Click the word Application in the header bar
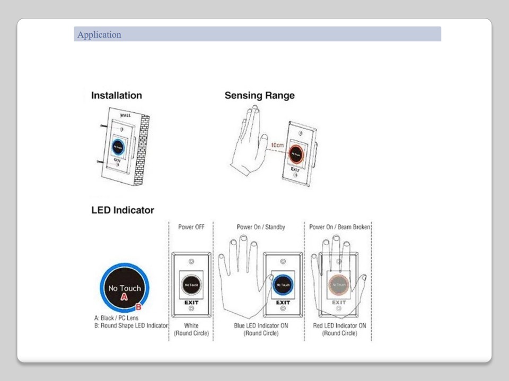(99, 35)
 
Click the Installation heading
(117, 96)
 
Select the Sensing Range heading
(259, 96)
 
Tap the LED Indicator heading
(122, 210)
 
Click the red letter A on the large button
(125, 297)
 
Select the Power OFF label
(191, 227)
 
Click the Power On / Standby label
(261, 227)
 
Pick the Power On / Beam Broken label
(339, 227)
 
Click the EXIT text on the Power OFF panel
(191, 303)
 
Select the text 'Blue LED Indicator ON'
(261, 326)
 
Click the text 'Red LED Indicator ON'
(339, 326)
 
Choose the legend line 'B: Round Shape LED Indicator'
(131, 326)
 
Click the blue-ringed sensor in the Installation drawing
(118, 147)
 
